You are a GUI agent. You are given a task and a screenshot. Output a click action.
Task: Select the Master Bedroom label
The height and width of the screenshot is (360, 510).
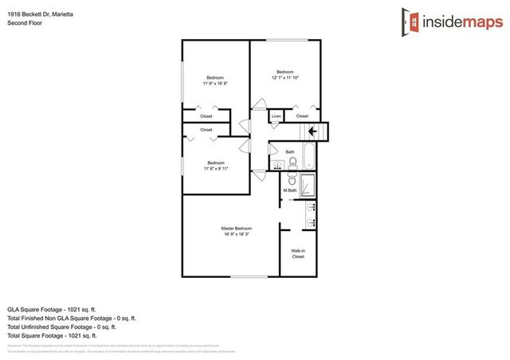(236, 229)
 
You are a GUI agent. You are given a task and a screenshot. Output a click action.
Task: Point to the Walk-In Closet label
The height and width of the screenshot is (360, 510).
(298, 253)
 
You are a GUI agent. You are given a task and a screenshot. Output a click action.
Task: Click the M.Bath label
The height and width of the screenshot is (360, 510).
(290, 190)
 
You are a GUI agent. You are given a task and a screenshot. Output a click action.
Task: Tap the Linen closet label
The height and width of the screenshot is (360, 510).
(277, 116)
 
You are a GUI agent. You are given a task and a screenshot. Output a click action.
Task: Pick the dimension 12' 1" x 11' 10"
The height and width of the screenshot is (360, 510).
(285, 77)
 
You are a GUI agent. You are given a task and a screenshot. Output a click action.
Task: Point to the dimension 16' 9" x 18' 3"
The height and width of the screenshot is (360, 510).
(236, 235)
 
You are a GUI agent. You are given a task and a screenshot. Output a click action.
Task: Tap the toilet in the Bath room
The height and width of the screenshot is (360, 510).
(292, 162)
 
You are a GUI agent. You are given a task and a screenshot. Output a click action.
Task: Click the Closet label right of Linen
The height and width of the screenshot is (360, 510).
(303, 116)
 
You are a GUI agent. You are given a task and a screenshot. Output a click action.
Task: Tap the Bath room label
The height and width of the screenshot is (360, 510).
(290, 151)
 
